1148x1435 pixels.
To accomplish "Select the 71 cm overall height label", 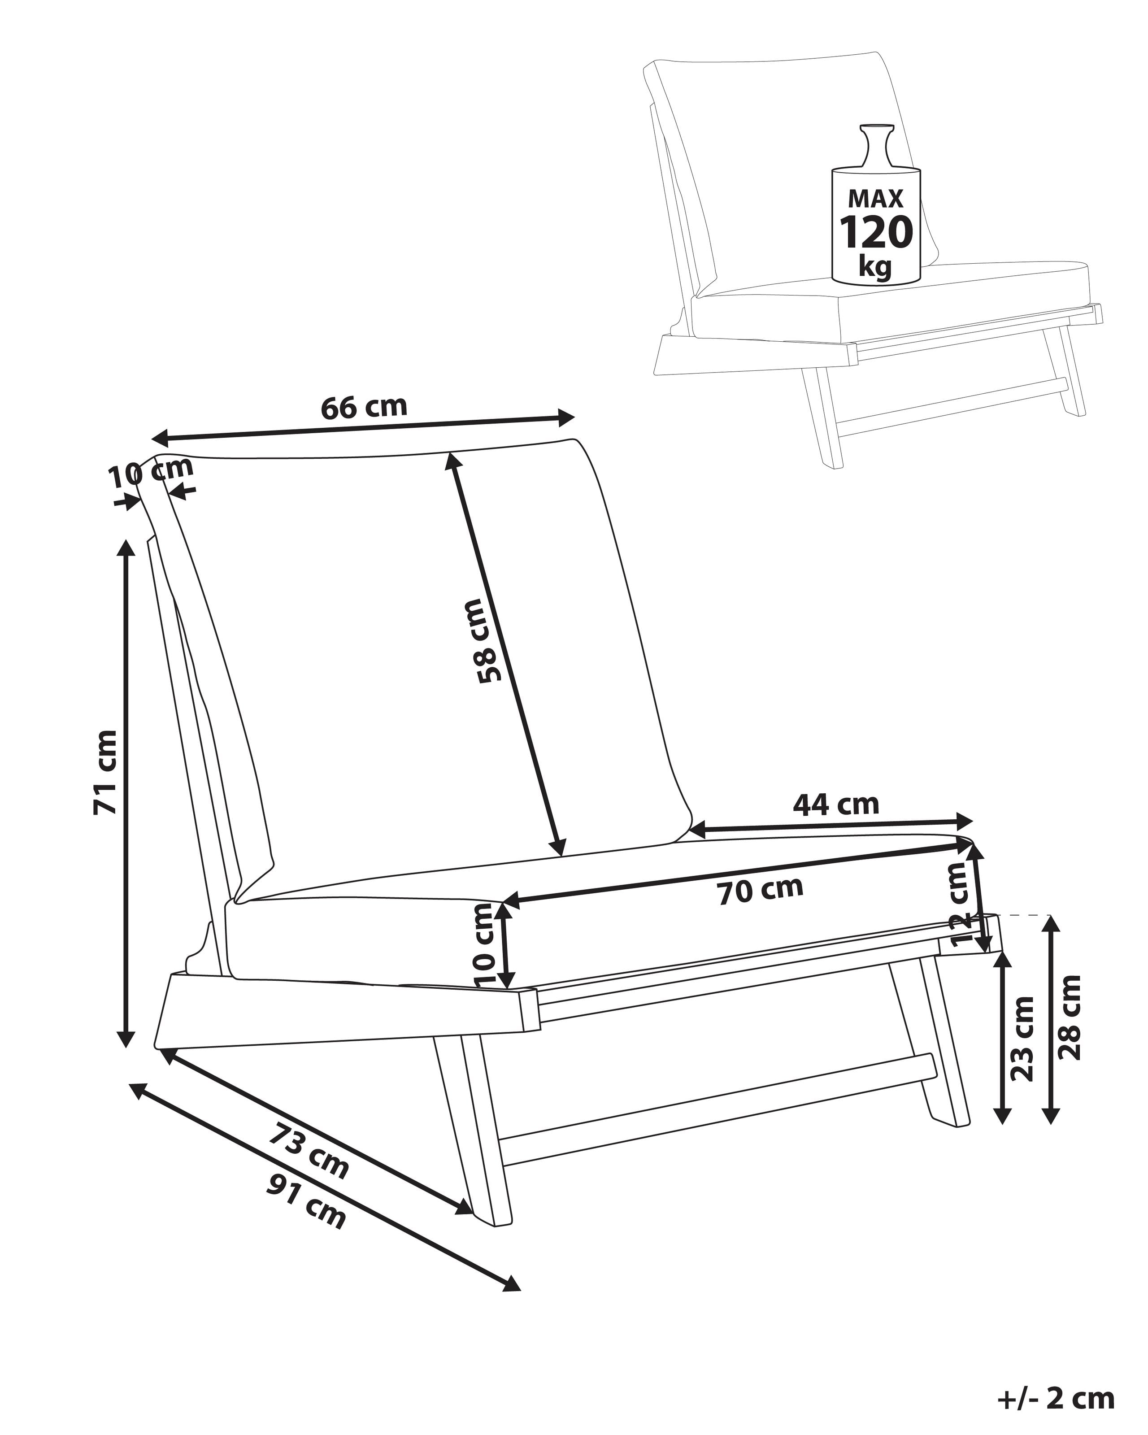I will click(105, 772).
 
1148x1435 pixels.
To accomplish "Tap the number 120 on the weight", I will click(875, 233).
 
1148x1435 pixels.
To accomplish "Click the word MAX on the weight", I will click(875, 198).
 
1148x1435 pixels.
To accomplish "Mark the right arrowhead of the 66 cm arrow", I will click(567, 417).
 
